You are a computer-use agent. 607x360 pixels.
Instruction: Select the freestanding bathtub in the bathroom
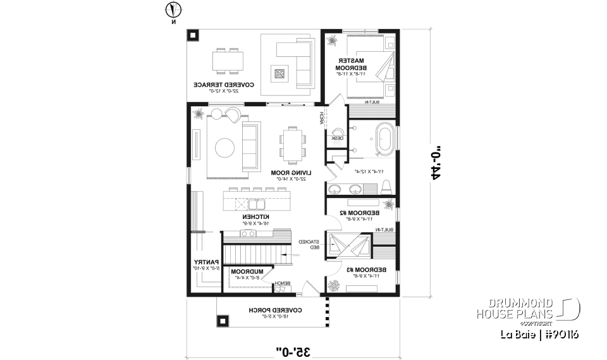(384, 140)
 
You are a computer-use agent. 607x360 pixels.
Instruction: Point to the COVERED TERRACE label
(224, 84)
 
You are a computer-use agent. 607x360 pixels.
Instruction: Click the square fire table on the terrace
(279, 73)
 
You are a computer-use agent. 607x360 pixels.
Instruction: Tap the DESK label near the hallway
(337, 137)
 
